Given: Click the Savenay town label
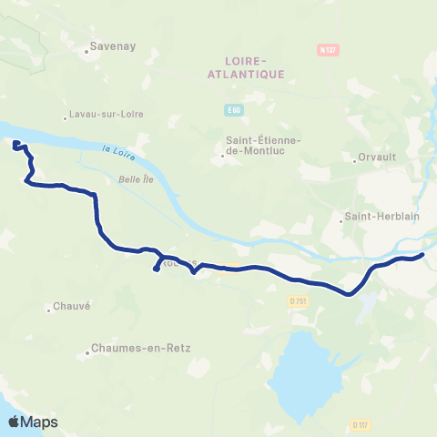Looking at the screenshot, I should pyautogui.click(x=107, y=42).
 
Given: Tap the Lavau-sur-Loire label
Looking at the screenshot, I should pyautogui.click(x=105, y=116).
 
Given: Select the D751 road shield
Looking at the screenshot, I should pyautogui.click(x=298, y=300).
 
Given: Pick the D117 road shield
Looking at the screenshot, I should pyautogui.click(x=360, y=424).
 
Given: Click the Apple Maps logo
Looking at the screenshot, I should pyautogui.click(x=33, y=422).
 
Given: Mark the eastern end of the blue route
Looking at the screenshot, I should pyautogui.click(x=423, y=256).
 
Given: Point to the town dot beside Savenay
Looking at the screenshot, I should pyautogui.click(x=87, y=51).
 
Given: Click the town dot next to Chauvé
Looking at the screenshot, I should pyautogui.click(x=48, y=312).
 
